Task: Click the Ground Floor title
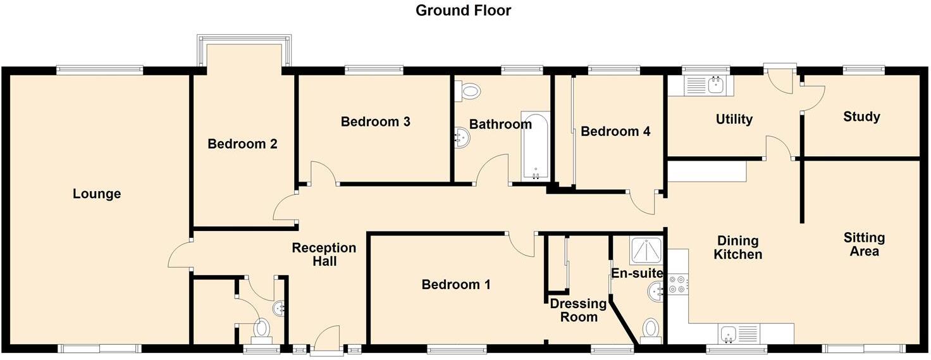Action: [x=463, y=10]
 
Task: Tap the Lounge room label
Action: [x=97, y=194]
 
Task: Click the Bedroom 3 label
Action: [x=375, y=121]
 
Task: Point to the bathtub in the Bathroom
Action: [x=536, y=146]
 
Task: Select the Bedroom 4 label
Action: [x=615, y=132]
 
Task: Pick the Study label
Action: [x=861, y=117]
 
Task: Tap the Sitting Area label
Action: [x=864, y=244]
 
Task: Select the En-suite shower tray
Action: [x=646, y=251]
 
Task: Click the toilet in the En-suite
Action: [x=650, y=330]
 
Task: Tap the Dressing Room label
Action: [x=578, y=310]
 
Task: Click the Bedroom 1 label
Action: [x=456, y=285]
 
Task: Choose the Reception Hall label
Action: [x=324, y=254]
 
